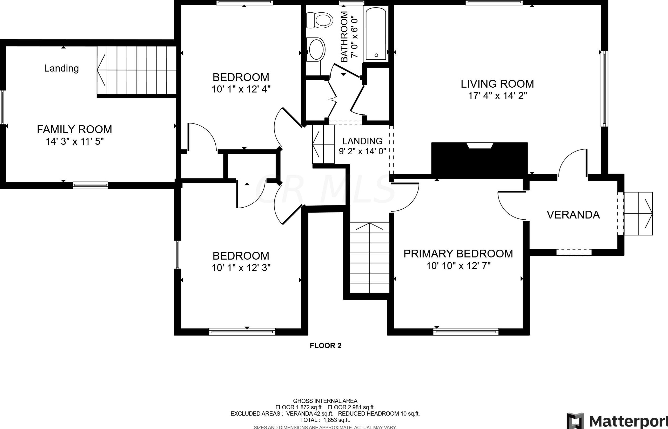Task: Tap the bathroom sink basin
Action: [316, 49]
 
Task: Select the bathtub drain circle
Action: [376, 55]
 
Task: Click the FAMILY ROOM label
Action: [74, 129]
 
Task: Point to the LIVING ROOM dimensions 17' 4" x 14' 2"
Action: [497, 96]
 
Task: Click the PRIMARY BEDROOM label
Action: [458, 254]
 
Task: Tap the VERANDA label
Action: [573, 215]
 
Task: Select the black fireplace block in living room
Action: [479, 160]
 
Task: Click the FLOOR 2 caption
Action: [325, 346]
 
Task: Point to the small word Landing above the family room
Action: [61, 68]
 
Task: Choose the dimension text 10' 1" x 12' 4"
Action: [241, 89]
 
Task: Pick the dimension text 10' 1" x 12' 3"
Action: [241, 268]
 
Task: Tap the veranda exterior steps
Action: [638, 214]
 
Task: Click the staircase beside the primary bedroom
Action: [369, 258]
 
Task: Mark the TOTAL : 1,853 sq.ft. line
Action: [325, 420]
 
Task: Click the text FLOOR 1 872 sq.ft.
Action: [299, 407]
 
